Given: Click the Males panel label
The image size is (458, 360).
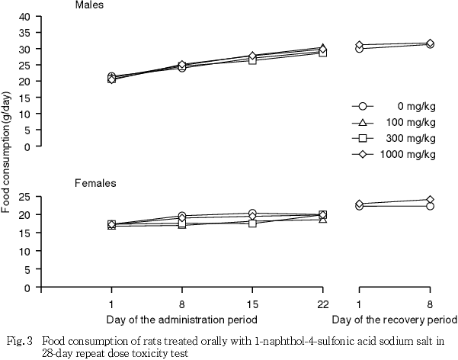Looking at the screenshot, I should (90, 5).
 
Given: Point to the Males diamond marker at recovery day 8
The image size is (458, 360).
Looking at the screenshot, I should (430, 43).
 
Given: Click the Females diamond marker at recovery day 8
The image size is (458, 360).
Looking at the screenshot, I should (430, 200).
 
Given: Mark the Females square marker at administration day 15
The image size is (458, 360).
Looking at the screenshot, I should (252, 223).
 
